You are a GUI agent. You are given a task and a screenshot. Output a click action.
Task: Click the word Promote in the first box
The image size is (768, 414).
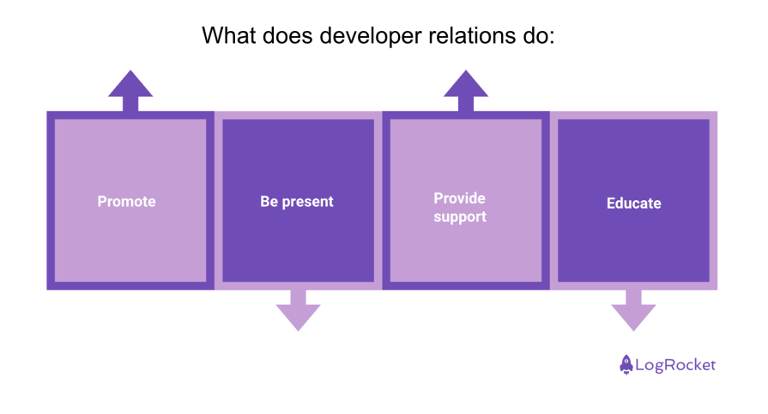[x=126, y=202]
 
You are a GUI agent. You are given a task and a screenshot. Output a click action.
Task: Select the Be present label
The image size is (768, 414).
[x=297, y=202]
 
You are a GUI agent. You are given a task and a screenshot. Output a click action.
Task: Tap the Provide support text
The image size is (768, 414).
[x=460, y=208]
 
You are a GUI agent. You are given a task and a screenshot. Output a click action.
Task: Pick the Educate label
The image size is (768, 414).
[x=633, y=204]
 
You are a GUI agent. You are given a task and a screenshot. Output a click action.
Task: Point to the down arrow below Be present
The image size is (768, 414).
[x=298, y=312]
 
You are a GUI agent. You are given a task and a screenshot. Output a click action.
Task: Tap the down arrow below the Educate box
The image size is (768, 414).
[x=633, y=312]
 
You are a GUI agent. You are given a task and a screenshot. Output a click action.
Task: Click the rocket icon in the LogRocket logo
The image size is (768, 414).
[x=626, y=364]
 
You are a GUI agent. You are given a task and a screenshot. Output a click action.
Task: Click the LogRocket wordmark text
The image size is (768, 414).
[x=675, y=365]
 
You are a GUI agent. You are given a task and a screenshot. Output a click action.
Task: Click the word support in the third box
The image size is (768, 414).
[x=460, y=217]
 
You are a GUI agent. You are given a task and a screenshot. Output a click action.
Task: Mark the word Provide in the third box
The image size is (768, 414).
[x=459, y=198]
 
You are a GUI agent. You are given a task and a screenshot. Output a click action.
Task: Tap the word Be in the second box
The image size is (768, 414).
[x=269, y=202]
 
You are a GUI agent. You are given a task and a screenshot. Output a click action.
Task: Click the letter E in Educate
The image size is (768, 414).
[x=611, y=204]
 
